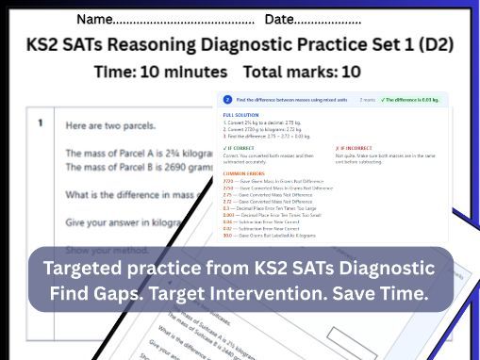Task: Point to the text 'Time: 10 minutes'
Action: (160, 72)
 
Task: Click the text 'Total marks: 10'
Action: (302, 72)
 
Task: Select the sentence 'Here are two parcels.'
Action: (111, 126)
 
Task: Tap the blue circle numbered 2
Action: (227, 99)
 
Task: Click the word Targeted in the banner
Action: (84, 269)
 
